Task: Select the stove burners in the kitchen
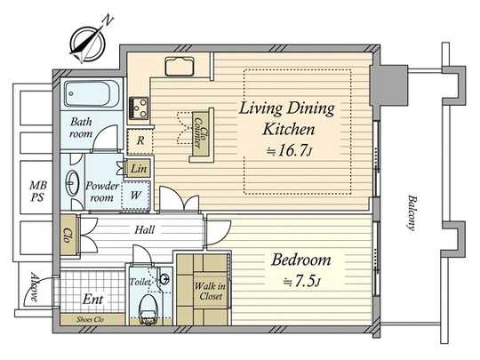140,108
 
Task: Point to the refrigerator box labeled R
140,140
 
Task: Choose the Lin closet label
139,167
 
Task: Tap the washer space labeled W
140,195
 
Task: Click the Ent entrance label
92,300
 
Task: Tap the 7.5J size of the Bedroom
303,283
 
